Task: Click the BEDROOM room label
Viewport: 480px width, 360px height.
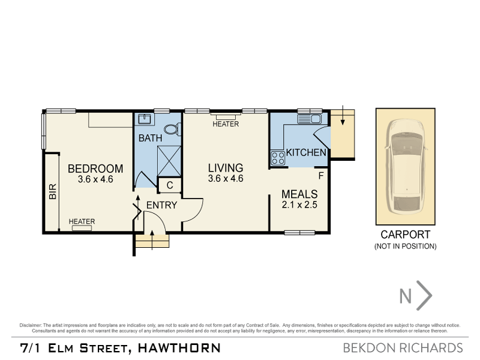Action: click(95, 169)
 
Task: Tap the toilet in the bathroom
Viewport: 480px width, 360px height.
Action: click(171, 128)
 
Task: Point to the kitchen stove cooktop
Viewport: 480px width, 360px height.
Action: click(278, 158)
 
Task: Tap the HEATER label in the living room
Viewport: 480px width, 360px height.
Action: click(226, 124)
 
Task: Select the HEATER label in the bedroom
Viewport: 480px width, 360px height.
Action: click(82, 221)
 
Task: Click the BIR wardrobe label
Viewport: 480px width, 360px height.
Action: click(52, 191)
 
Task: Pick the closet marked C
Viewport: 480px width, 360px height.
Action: click(170, 185)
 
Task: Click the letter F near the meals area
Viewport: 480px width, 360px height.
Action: click(321, 176)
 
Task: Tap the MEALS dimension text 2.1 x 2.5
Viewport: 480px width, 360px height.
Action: click(299, 205)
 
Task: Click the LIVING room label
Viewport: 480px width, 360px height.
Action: click(226, 167)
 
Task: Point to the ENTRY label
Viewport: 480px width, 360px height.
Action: click(162, 205)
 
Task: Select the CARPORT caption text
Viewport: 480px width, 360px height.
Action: click(406, 235)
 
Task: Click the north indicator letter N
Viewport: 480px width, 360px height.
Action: click(406, 296)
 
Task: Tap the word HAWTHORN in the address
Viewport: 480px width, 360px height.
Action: click(179, 347)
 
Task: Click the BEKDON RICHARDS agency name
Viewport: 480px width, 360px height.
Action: click(402, 347)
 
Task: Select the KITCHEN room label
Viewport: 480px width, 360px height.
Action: click(306, 152)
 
